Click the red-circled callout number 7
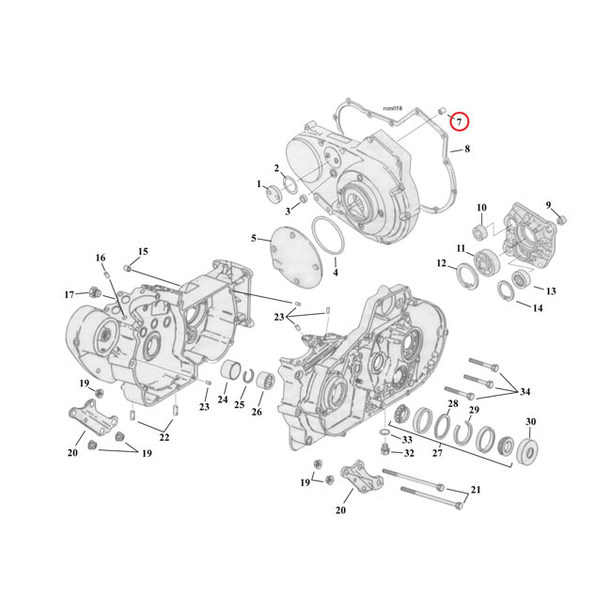(458, 120)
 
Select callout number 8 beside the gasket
(467, 149)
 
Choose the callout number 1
(258, 184)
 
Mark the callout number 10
(480, 208)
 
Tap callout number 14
(538, 308)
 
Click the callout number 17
(69, 295)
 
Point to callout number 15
(143, 251)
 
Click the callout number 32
(409, 453)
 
